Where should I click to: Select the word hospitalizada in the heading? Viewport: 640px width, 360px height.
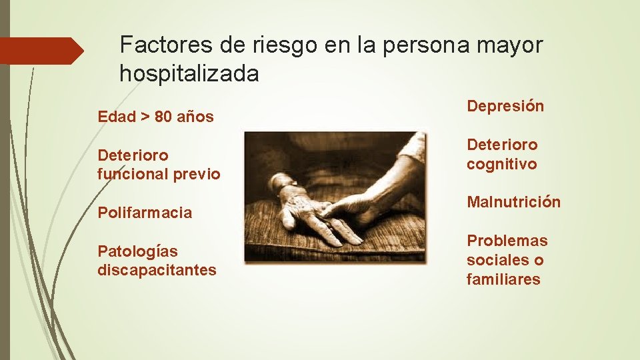point(189,73)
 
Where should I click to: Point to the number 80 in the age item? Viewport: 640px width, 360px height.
point(163,117)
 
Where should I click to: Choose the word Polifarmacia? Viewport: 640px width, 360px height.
point(145,213)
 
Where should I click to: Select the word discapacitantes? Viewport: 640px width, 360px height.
point(157,270)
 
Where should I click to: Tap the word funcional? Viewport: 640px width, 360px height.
point(133,174)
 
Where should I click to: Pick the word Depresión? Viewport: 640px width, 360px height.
point(505,106)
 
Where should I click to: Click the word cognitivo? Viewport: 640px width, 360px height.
point(501,164)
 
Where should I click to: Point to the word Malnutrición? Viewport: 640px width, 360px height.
point(513,202)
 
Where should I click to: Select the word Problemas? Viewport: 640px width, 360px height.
point(507,241)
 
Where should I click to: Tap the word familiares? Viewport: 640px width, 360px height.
point(503,279)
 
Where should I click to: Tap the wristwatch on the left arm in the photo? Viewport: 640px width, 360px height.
point(283,181)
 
